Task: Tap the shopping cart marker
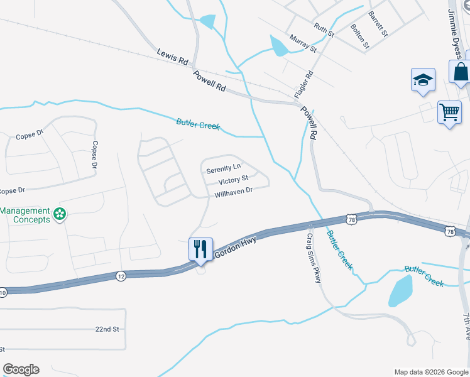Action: [x=449, y=113]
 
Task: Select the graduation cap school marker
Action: [x=423, y=80]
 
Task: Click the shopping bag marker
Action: [x=461, y=72]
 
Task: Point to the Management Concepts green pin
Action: [x=60, y=215]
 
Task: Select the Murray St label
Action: [x=303, y=44]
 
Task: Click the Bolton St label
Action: [x=358, y=36]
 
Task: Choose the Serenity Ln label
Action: [x=223, y=169]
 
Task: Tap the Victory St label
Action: [x=233, y=181]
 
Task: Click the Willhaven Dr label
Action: [x=233, y=192]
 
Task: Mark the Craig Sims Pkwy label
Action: [x=313, y=258]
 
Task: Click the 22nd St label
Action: [x=107, y=329]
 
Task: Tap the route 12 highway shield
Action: [x=121, y=275]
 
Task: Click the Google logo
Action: [x=21, y=369]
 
